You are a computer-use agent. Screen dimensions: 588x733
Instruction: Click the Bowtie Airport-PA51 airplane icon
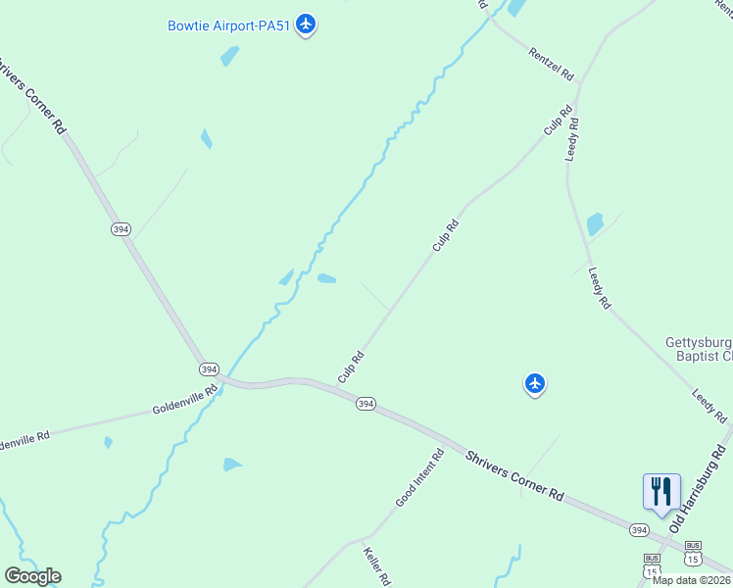click(306, 23)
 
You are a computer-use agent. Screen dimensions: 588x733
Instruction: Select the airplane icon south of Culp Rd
click(534, 383)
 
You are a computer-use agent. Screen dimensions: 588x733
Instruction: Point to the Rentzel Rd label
click(549, 65)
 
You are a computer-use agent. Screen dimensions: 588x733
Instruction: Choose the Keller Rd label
click(376, 567)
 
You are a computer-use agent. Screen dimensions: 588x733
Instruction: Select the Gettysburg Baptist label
click(699, 349)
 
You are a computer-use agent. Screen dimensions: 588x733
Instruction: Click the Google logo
click(32, 576)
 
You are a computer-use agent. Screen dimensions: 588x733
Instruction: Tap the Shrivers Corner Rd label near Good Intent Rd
click(514, 477)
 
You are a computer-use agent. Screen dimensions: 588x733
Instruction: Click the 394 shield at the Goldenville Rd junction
click(208, 369)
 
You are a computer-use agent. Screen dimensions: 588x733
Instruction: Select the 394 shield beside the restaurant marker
click(639, 530)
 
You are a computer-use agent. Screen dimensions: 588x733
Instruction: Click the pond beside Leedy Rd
click(595, 224)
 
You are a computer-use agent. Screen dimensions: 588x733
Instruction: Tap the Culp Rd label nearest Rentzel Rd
click(557, 123)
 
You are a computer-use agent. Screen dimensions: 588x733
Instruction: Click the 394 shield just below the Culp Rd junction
click(366, 403)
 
